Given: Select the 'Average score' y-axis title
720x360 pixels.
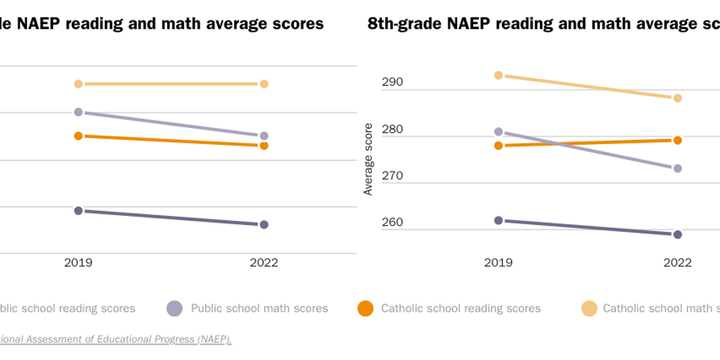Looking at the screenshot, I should click(368, 159).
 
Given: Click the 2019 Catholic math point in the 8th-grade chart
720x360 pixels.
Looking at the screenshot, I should click(499, 75).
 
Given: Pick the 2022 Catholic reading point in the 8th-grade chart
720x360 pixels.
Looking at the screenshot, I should click(678, 140).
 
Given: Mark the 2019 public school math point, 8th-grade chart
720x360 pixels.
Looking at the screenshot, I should click(499, 131).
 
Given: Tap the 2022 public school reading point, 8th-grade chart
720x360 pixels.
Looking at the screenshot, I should click(678, 234).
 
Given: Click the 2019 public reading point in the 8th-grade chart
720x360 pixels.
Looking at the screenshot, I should click(499, 220).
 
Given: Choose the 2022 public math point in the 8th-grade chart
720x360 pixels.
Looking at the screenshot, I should click(678, 168).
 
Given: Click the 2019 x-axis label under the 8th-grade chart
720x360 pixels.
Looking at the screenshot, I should click(499, 262).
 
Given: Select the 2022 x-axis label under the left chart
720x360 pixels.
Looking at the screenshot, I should click(264, 262).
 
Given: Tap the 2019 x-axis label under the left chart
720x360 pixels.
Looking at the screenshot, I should click(79, 262).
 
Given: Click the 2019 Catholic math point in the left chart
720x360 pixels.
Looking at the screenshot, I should click(79, 84).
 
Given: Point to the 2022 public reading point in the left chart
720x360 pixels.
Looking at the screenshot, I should click(264, 224).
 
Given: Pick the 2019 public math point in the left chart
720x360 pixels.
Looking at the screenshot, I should click(79, 112).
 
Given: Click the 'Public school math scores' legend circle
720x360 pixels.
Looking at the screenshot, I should click(174, 308).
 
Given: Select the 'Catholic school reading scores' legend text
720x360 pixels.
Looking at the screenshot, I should click(461, 308).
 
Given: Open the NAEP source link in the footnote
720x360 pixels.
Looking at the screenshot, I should click(116, 339).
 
